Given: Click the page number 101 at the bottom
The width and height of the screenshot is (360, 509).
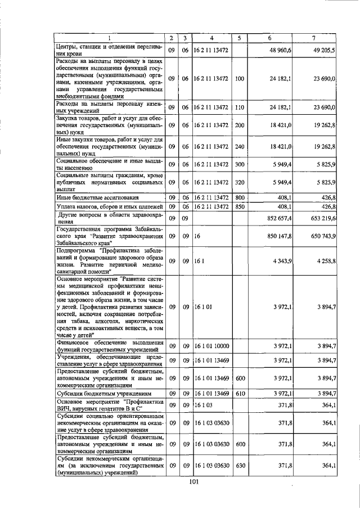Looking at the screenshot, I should [195, 481].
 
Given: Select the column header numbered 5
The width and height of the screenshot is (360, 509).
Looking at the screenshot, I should [239, 38].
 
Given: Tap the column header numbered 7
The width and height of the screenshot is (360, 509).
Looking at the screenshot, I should [313, 38].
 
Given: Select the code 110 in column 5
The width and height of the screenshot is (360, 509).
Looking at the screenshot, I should [239, 107].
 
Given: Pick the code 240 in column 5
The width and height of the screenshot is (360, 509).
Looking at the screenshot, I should [239, 146].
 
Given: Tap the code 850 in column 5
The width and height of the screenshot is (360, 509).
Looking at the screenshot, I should [239, 206].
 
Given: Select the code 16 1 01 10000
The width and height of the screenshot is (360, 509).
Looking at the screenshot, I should [211, 345].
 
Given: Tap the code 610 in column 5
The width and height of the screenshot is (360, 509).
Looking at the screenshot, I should [239, 393].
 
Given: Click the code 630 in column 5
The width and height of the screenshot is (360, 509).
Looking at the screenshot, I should [239, 466].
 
